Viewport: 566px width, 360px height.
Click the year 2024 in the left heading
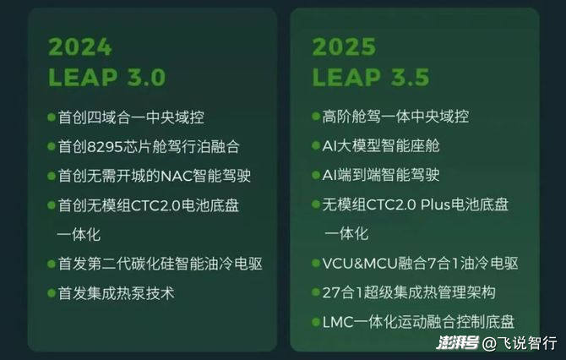pyautogui.click(x=80, y=47)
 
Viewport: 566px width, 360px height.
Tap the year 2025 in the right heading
pyautogui.click(x=344, y=47)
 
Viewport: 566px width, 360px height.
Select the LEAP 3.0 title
pyautogui.click(x=106, y=77)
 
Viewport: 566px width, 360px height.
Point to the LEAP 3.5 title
pyautogui.click(x=371, y=77)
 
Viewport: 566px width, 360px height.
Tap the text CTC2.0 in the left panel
pyautogui.click(x=155, y=205)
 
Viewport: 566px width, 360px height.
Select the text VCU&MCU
pyautogui.click(x=360, y=264)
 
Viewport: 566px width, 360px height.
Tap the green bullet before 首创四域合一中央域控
pyautogui.click(x=52, y=117)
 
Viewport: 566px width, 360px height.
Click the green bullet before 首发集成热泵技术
pyautogui.click(x=52, y=293)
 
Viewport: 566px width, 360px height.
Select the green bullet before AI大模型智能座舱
pyautogui.click(x=316, y=145)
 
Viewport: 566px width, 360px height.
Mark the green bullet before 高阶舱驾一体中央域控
pyautogui.click(x=316, y=117)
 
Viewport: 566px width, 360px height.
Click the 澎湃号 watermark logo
pyautogui.click(x=458, y=342)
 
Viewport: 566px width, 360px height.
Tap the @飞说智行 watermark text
pyautogui.click(x=520, y=343)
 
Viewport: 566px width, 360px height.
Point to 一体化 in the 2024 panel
pyautogui.click(x=79, y=235)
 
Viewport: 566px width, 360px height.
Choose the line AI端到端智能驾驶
pyautogui.click(x=381, y=175)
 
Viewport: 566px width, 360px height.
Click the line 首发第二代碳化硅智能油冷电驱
pyautogui.click(x=161, y=264)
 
